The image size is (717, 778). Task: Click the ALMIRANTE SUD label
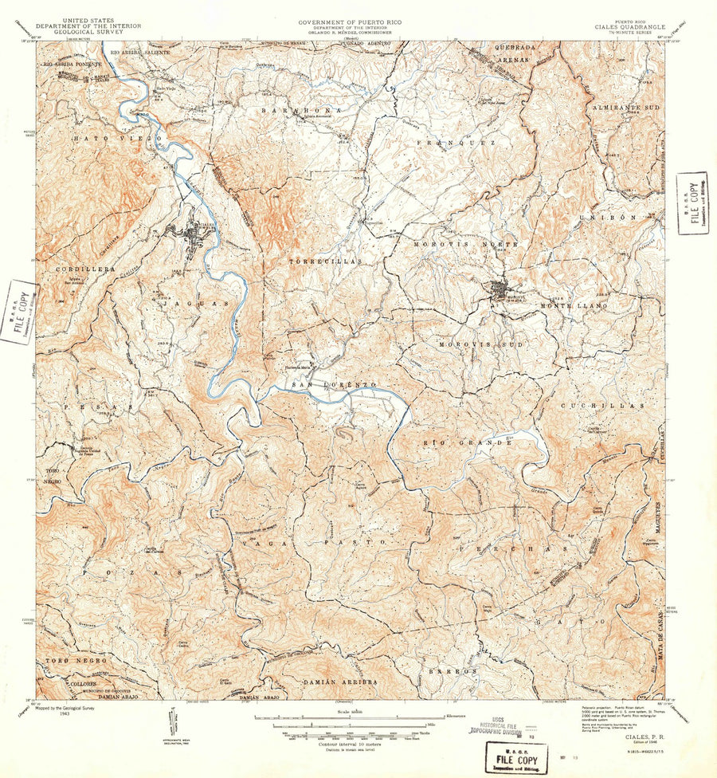(624, 105)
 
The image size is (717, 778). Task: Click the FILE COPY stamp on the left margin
(18, 311)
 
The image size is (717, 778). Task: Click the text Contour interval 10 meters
(344, 743)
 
